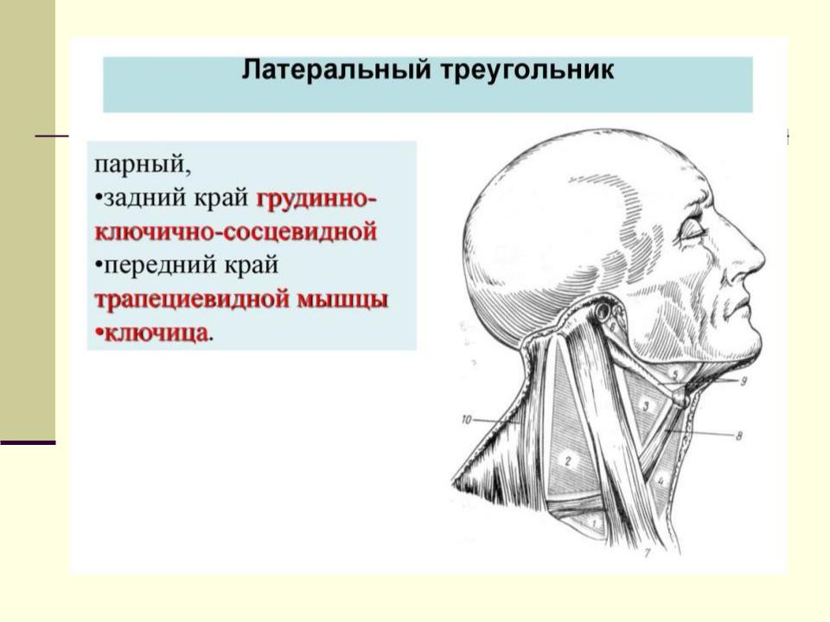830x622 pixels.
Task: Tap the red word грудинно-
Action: click(316, 200)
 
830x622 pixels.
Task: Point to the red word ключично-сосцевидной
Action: click(236, 232)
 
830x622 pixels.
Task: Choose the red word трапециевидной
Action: click(192, 300)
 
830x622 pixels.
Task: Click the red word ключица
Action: click(156, 333)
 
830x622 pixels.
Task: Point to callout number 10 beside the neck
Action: click(466, 420)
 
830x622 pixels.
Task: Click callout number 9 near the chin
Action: click(744, 381)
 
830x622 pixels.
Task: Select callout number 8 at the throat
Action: click(739, 435)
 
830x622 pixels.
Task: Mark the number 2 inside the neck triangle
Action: click(568, 460)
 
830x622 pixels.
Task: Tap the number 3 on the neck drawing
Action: click(646, 406)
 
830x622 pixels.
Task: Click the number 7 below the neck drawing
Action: click(647, 553)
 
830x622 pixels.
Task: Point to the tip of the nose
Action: click(763, 260)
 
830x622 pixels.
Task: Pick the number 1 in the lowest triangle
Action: click(594, 524)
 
